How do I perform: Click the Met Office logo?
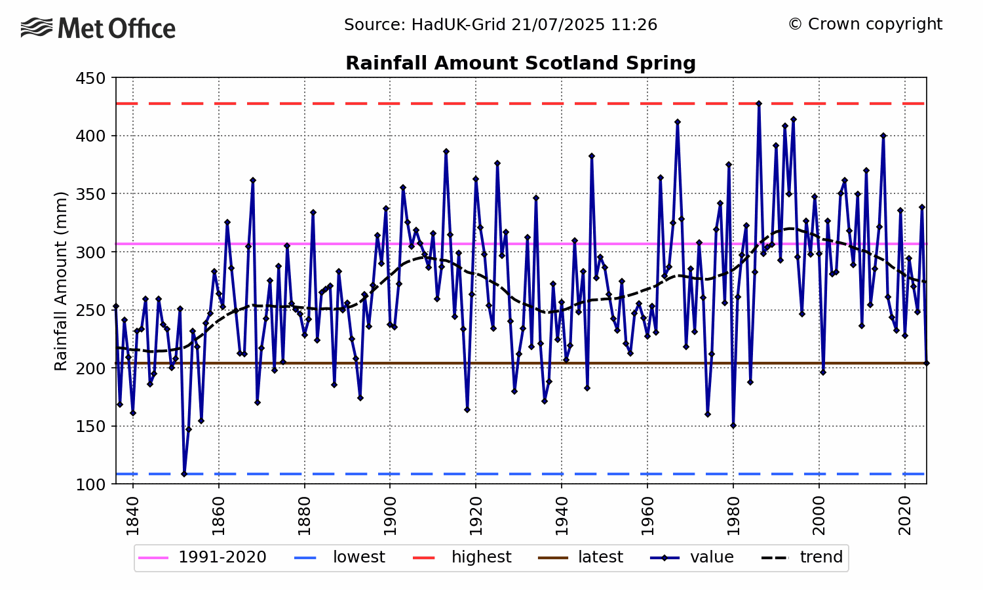click(98, 28)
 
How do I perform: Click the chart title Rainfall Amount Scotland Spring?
click(520, 63)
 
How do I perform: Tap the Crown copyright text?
click(865, 24)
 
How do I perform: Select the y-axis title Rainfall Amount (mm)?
click(61, 281)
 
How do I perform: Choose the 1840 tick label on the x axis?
click(133, 516)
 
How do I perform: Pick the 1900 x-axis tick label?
click(390, 516)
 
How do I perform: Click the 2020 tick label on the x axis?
click(904, 516)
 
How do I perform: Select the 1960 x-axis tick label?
click(647, 516)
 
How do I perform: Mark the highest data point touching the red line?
click(759, 104)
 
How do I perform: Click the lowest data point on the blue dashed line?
click(184, 474)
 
